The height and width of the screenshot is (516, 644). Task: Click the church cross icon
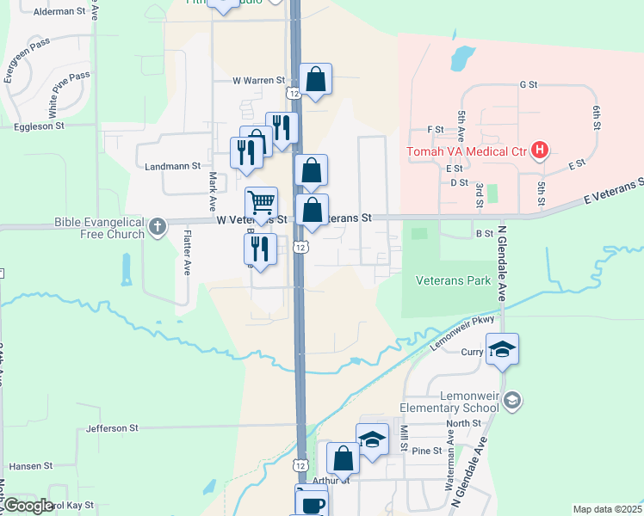click(x=157, y=227)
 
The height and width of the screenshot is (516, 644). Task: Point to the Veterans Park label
click(x=453, y=280)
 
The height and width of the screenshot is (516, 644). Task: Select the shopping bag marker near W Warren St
click(x=316, y=80)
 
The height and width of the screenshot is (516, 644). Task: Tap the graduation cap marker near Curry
click(x=502, y=350)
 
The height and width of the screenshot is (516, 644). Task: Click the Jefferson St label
click(x=112, y=427)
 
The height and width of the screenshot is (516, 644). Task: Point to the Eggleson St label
click(x=40, y=126)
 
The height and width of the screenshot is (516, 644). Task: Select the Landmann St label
click(x=173, y=166)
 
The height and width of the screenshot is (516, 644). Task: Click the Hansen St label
click(x=31, y=465)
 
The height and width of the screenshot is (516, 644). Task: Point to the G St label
click(x=528, y=85)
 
